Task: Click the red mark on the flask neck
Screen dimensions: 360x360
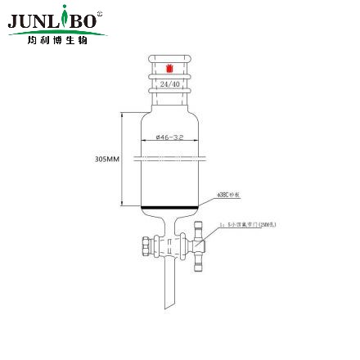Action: click(x=169, y=68)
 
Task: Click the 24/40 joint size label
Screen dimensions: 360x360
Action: click(x=169, y=83)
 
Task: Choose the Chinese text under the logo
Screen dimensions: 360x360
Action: click(x=56, y=39)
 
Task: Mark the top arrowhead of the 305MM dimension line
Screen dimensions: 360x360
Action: click(x=123, y=114)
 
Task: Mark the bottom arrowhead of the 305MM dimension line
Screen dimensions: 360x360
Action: click(x=123, y=205)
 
